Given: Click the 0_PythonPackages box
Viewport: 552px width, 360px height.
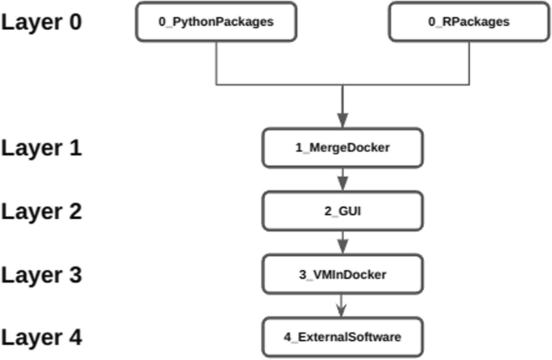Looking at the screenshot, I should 216,22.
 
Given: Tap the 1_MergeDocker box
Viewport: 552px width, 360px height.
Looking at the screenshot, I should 343,148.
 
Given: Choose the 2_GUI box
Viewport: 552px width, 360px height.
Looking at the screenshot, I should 343,211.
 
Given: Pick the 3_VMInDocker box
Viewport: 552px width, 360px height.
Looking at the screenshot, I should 343,275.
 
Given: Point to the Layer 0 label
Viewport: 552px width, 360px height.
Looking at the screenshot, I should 42,21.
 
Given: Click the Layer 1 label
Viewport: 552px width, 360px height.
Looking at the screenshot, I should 42,148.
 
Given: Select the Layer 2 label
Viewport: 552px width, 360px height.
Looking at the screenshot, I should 42,211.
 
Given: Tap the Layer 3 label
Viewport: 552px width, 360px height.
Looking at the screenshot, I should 42,275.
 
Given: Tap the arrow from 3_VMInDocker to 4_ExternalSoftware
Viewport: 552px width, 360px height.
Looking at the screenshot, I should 343,304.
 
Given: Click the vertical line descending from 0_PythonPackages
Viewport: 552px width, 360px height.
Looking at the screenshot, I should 216,62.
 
